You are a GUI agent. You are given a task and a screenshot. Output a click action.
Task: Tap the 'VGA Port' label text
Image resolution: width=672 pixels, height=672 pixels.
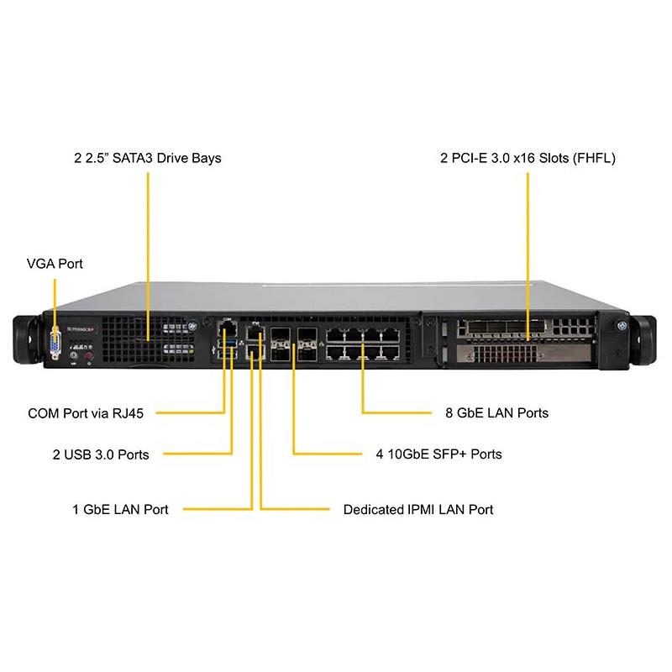[x=55, y=264]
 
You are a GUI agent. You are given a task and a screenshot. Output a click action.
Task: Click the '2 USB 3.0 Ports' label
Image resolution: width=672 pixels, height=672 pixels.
[x=101, y=454]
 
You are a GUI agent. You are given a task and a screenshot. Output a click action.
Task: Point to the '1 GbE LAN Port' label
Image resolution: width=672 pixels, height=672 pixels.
[x=120, y=509]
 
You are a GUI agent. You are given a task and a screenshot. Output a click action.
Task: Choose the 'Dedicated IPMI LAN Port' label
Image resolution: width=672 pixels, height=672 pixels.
[x=418, y=509]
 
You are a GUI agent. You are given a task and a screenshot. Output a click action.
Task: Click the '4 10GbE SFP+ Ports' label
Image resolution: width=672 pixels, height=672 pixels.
[x=438, y=454]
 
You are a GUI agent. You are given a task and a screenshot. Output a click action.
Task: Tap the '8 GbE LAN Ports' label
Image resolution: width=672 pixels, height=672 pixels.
[x=496, y=413]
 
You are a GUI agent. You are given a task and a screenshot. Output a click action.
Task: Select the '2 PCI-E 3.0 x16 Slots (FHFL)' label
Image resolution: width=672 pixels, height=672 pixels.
[x=528, y=157]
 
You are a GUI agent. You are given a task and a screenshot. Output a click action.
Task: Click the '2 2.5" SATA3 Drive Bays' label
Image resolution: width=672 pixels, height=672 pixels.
[x=148, y=157]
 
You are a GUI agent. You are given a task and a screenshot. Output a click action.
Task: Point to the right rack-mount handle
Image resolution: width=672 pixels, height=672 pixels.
[x=644, y=339]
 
